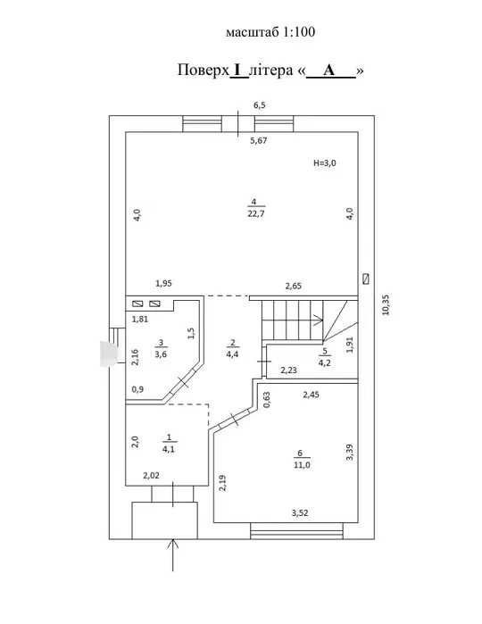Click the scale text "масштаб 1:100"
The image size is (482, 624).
(x=270, y=32)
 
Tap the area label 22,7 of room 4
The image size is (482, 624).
(x=256, y=213)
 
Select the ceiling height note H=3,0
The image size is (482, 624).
(x=325, y=162)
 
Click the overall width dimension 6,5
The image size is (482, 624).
(x=260, y=105)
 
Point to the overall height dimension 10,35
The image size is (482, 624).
(x=386, y=304)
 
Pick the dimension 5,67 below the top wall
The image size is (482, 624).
(x=259, y=140)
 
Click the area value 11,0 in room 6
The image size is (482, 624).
(x=302, y=465)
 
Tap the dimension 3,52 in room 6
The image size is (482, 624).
(x=300, y=513)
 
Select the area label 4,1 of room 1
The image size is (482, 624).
(x=169, y=449)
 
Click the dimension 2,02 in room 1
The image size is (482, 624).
(x=151, y=475)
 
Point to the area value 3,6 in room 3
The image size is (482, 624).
(x=161, y=354)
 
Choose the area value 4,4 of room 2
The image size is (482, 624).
(x=232, y=354)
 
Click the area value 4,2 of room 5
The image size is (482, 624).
(x=325, y=362)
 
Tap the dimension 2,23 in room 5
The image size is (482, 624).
(x=288, y=370)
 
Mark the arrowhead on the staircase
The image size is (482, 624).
(x=320, y=320)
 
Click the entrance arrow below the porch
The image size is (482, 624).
(x=173, y=555)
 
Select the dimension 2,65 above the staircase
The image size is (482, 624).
(x=294, y=286)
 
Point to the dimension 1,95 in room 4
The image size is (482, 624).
(x=163, y=283)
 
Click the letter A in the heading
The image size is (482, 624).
(x=329, y=70)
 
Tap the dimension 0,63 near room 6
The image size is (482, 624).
(x=266, y=400)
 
